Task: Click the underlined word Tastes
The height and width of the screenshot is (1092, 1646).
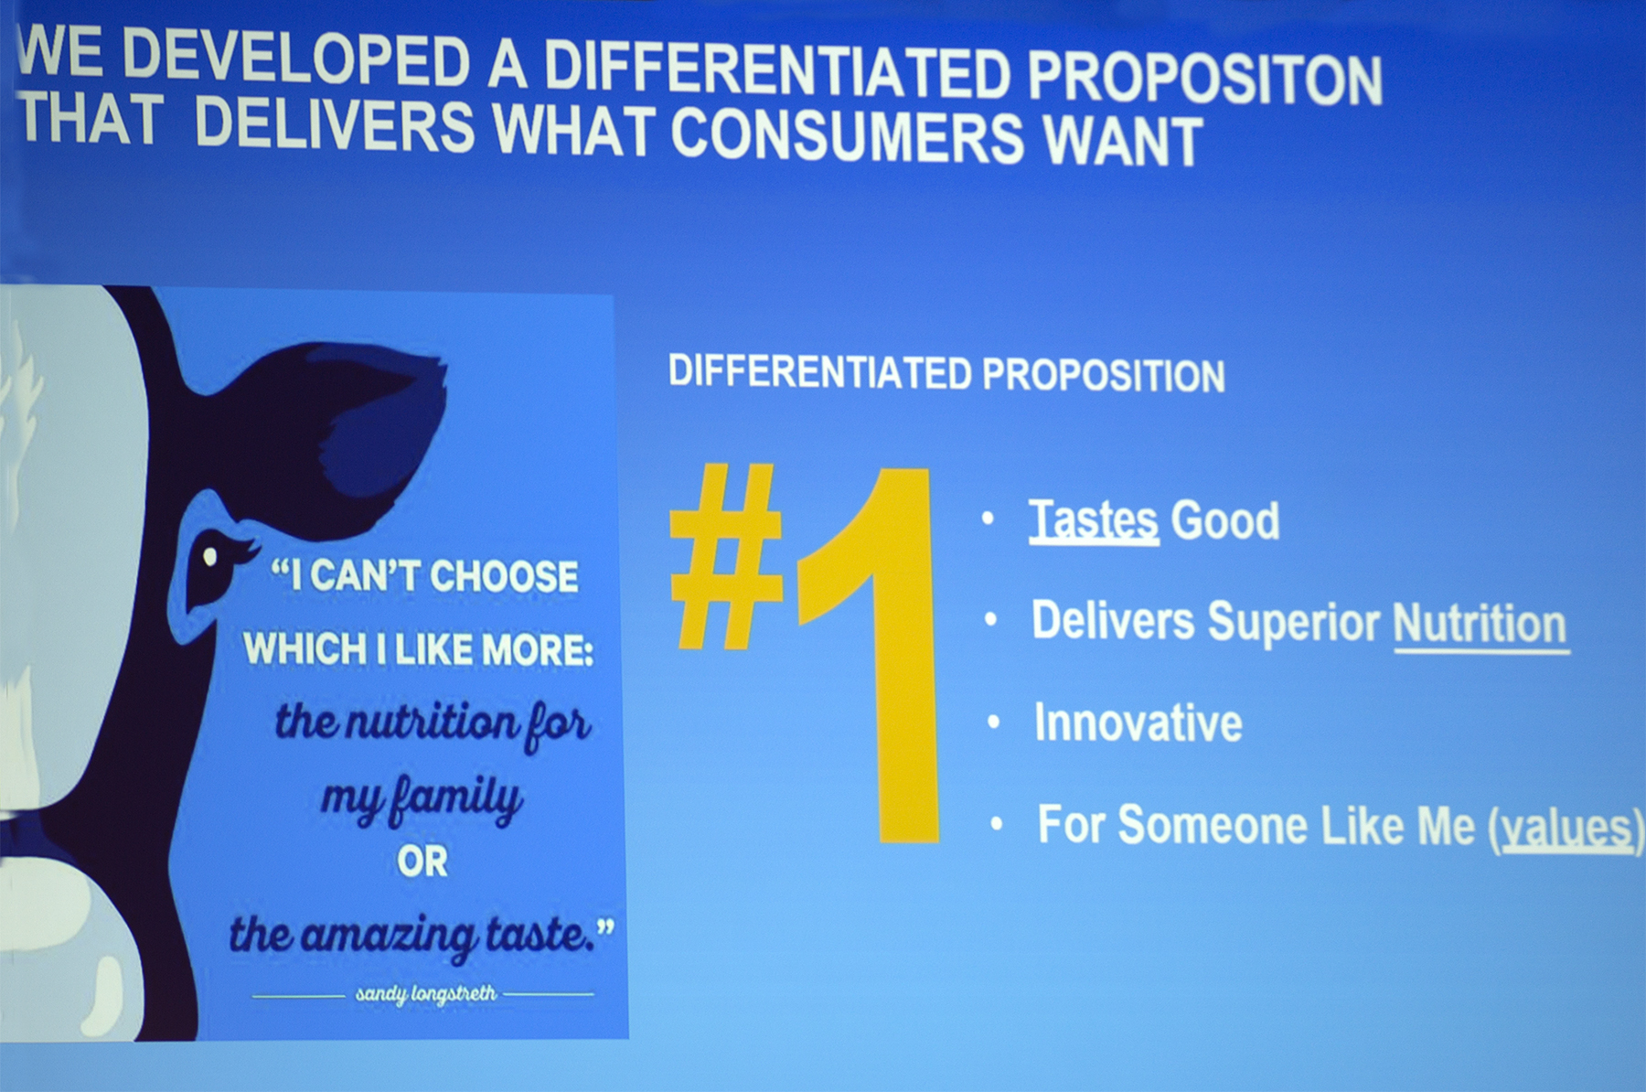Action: pyautogui.click(x=1094, y=520)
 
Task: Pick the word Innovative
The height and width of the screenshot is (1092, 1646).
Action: pyautogui.click(x=1138, y=723)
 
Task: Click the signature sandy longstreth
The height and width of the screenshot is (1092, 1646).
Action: pyautogui.click(x=426, y=994)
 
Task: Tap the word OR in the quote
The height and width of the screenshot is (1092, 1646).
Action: pyautogui.click(x=422, y=862)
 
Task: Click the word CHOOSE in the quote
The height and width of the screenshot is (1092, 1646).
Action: pyautogui.click(x=504, y=577)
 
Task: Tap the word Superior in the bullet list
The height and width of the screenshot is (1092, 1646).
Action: pyautogui.click(x=1293, y=622)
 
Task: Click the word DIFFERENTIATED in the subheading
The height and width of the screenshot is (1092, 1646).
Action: pyautogui.click(x=819, y=371)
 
